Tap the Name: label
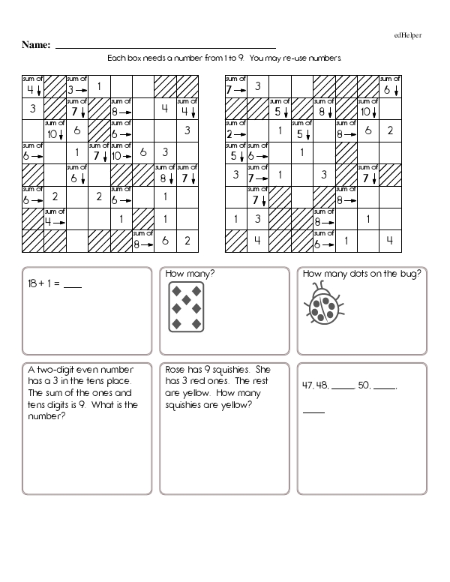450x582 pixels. pyautogui.click(x=35, y=45)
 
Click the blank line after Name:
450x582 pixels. pyautogui.click(x=165, y=46)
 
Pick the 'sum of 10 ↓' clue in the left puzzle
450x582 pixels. pyautogui.click(x=55, y=130)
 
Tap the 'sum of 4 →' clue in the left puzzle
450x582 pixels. pyautogui.click(x=55, y=218)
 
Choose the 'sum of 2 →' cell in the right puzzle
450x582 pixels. pyautogui.click(x=235, y=130)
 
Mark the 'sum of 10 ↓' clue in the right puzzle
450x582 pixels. pyautogui.click(x=368, y=108)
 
